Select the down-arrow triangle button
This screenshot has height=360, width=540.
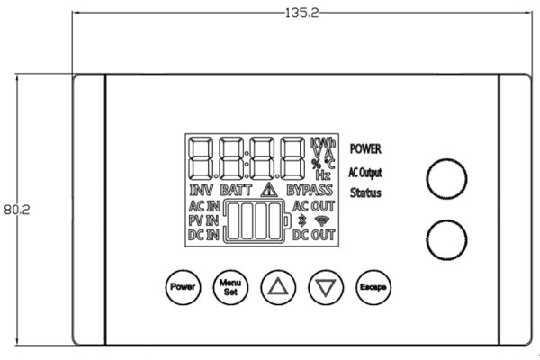[x=324, y=287]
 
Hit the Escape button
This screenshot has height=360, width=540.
[x=372, y=287]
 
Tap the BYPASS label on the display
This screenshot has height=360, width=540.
[x=310, y=191]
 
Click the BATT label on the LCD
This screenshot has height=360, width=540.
[x=236, y=191]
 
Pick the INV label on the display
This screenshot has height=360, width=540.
[x=202, y=191]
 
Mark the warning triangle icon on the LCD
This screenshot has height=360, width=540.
[x=268, y=190]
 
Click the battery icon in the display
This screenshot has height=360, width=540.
[x=257, y=222]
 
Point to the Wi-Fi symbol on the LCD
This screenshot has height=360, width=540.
[x=322, y=220]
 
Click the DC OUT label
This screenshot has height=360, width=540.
[x=313, y=235]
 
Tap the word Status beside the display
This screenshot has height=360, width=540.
[x=365, y=193]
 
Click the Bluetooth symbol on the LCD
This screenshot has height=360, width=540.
[x=301, y=220]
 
